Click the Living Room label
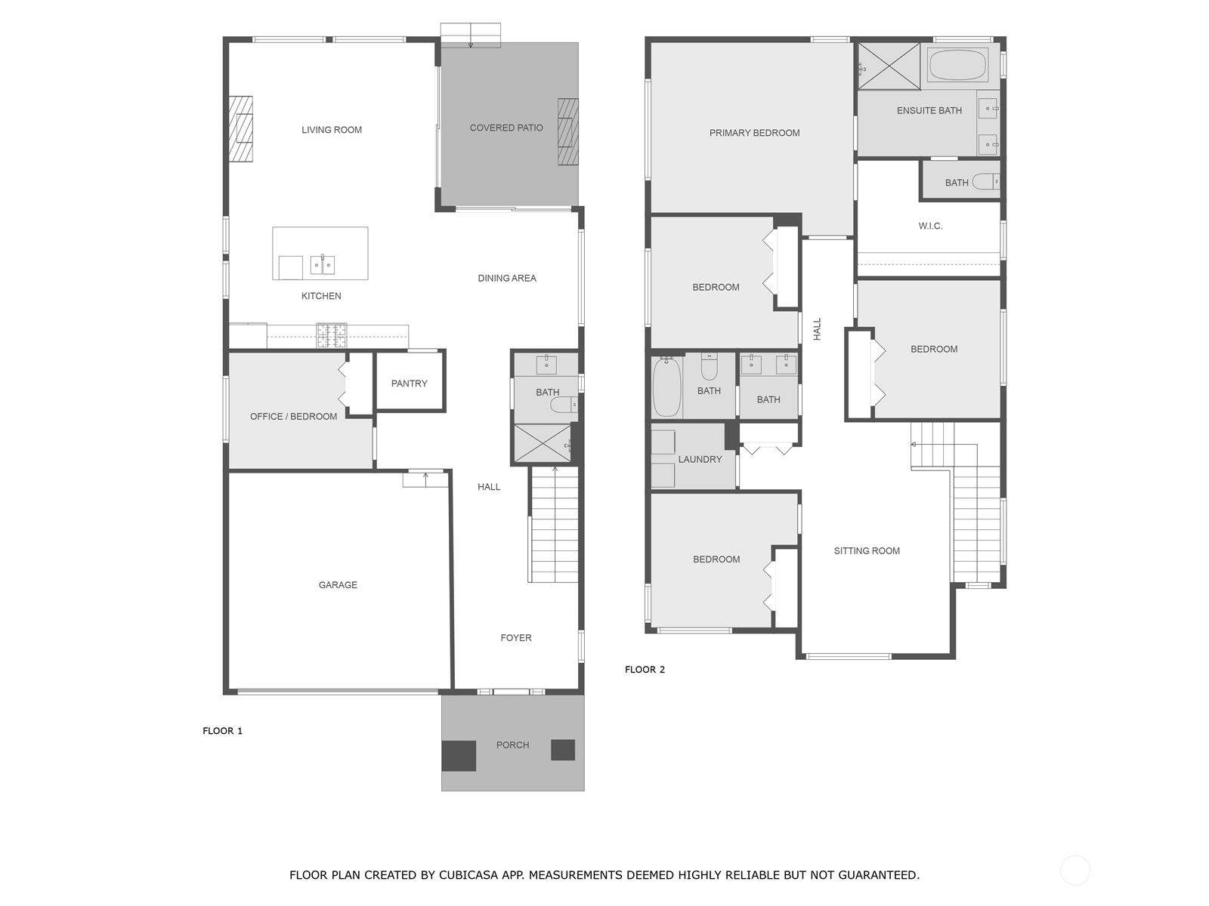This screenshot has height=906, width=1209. point(332,130)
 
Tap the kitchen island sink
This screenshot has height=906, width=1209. point(323,265)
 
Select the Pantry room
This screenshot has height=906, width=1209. point(410,383)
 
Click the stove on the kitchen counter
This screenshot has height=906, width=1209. point(331,335)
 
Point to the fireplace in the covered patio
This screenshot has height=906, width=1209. point(567,131)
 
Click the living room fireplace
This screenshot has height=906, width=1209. point(241,128)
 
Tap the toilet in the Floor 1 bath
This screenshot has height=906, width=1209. point(564,405)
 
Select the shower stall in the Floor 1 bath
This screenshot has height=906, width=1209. point(542,443)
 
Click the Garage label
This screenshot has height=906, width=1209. point(338,585)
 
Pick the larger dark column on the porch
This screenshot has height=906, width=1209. point(459,756)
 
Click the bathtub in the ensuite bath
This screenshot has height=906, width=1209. point(957,66)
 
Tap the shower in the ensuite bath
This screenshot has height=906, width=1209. point(889,66)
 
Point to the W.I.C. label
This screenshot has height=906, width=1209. point(930,226)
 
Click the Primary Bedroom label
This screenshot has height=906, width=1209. point(754,133)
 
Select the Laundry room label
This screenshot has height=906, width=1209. point(700,459)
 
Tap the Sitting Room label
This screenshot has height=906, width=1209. point(867,551)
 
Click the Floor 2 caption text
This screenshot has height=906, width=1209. point(645,670)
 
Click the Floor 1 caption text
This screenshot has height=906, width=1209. point(222,731)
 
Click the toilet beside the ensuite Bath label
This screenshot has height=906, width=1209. point(985,182)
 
